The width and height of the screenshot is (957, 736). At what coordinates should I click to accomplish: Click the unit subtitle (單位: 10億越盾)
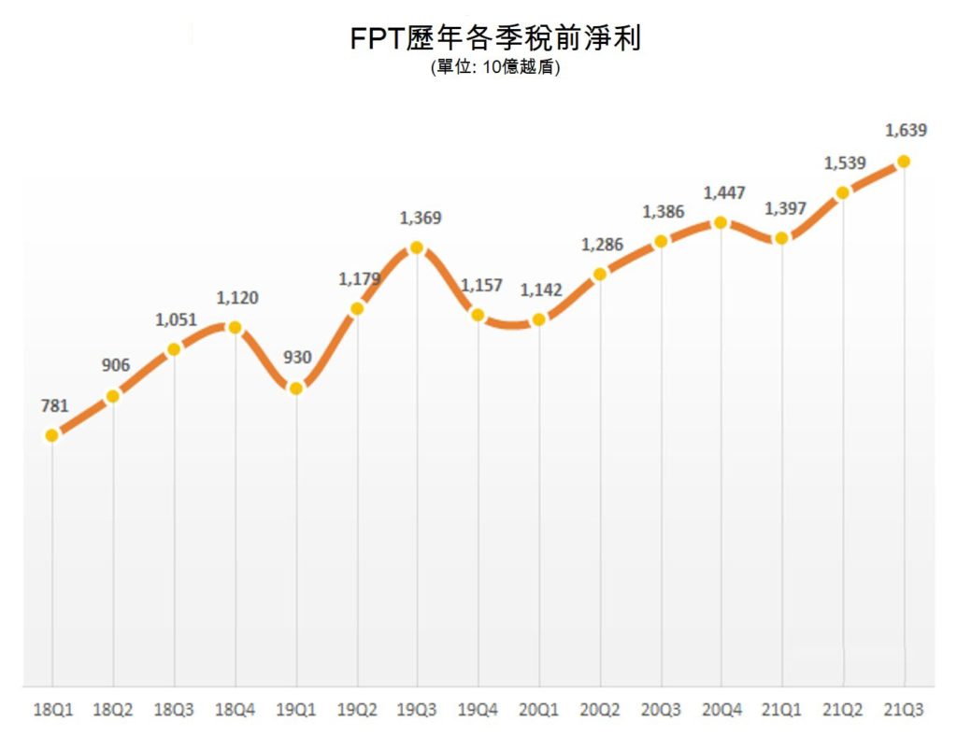495,67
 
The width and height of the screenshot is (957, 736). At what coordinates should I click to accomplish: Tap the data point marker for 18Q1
52,435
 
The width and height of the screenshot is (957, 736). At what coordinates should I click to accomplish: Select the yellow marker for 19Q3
417,248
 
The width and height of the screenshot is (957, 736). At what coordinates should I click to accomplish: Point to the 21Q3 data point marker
904,162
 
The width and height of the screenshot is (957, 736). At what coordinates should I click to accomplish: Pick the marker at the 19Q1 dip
295,389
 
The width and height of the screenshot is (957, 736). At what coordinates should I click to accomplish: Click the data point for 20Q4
721,222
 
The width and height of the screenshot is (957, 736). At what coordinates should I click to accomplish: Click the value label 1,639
906,131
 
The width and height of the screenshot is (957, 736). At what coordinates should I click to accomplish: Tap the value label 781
55,405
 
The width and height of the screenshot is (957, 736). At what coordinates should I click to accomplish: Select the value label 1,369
421,219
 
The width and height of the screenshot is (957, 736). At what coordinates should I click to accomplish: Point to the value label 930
296,357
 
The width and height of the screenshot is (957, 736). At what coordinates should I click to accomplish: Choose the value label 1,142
541,290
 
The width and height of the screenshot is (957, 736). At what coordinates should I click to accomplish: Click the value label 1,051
176,319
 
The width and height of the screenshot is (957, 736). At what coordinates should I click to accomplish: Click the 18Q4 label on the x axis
235,710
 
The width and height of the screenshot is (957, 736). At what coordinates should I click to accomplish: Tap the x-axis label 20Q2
600,710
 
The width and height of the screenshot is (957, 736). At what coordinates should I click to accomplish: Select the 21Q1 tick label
782,710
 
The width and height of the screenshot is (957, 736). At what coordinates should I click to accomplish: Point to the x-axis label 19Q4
478,710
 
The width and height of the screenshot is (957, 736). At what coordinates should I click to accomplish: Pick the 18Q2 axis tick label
113,710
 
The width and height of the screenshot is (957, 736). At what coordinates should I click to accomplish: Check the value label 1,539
845,163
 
